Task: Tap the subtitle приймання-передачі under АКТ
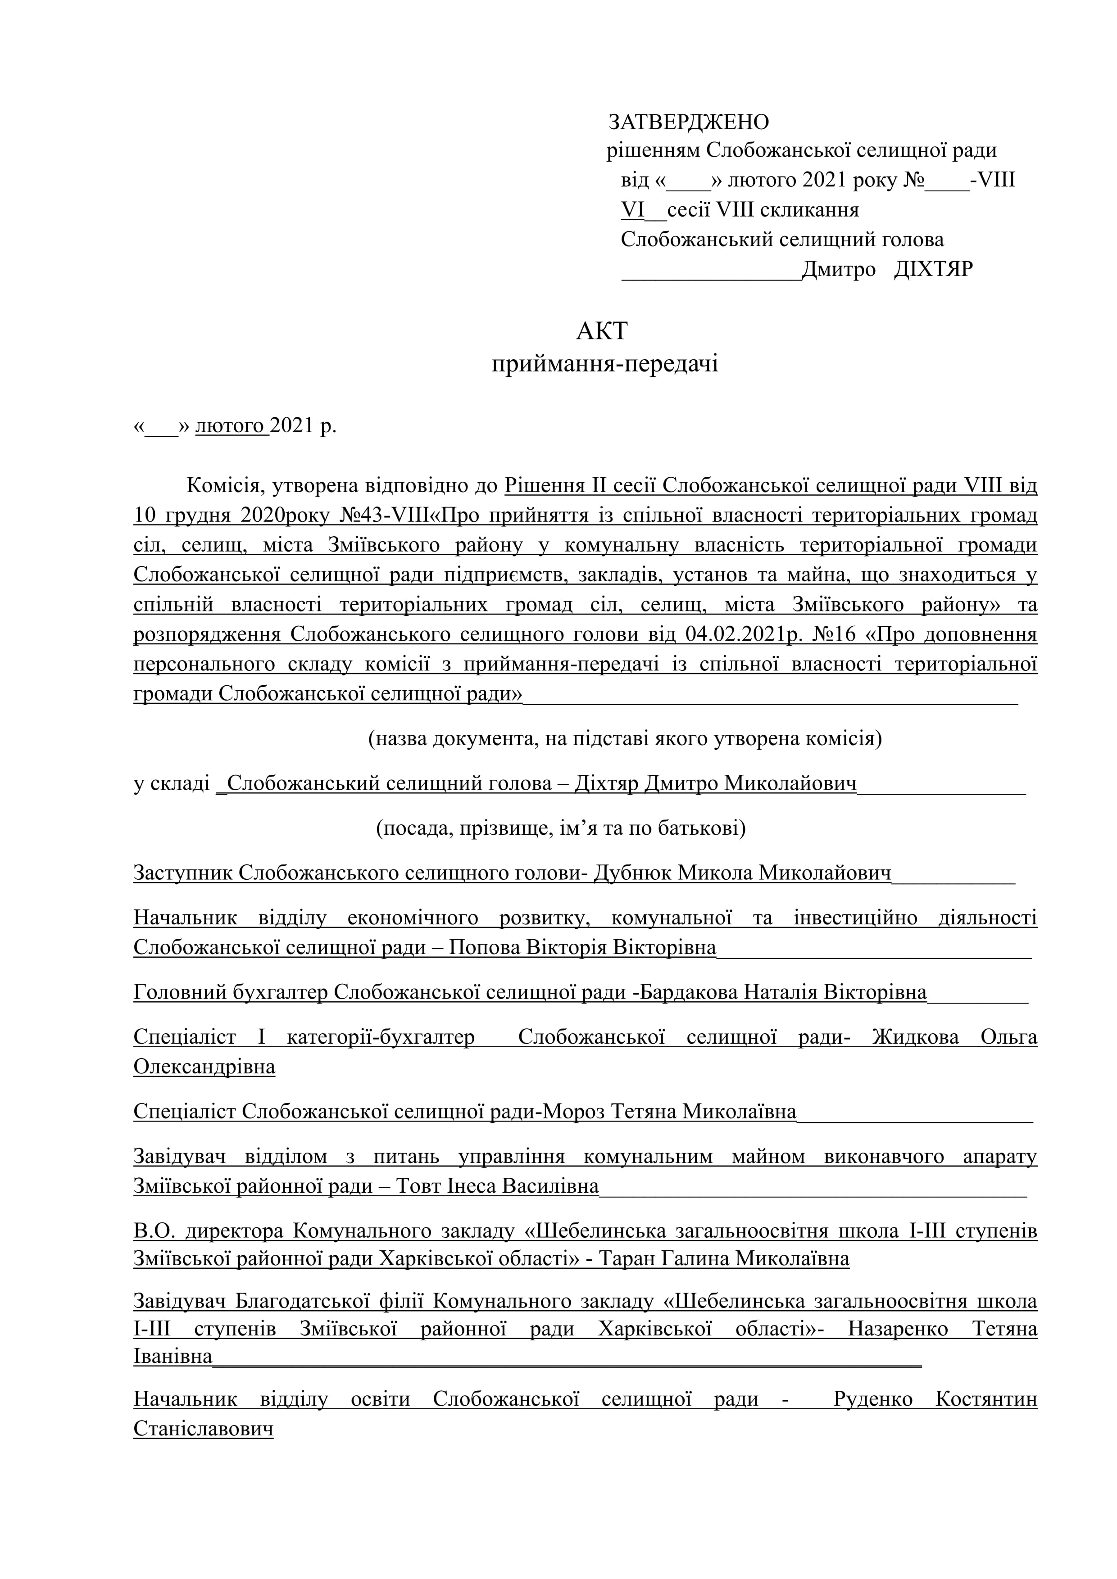(x=604, y=363)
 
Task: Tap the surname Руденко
(x=873, y=1399)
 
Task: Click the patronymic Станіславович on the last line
(x=204, y=1429)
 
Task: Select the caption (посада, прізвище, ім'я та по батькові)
(x=561, y=828)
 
